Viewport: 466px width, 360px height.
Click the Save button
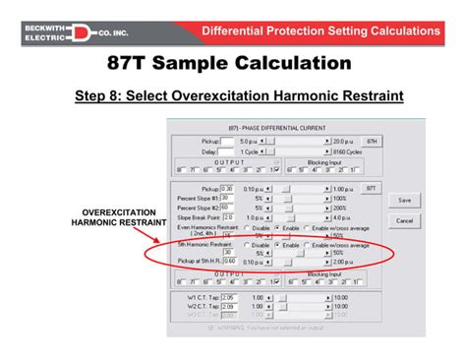coord(404,200)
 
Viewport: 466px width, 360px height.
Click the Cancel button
coord(404,220)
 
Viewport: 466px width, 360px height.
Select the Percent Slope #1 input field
coord(227,197)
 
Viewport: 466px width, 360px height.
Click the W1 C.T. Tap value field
coord(228,296)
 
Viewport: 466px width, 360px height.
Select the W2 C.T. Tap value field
coord(228,306)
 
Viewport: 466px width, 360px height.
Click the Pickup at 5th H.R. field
coord(228,263)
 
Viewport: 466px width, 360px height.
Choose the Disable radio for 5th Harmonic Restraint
coord(247,244)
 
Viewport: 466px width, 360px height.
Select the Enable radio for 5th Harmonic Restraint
coord(280,244)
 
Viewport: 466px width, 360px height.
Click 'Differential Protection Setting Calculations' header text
coord(320,31)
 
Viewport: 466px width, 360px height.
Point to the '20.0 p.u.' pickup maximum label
coord(348,142)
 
